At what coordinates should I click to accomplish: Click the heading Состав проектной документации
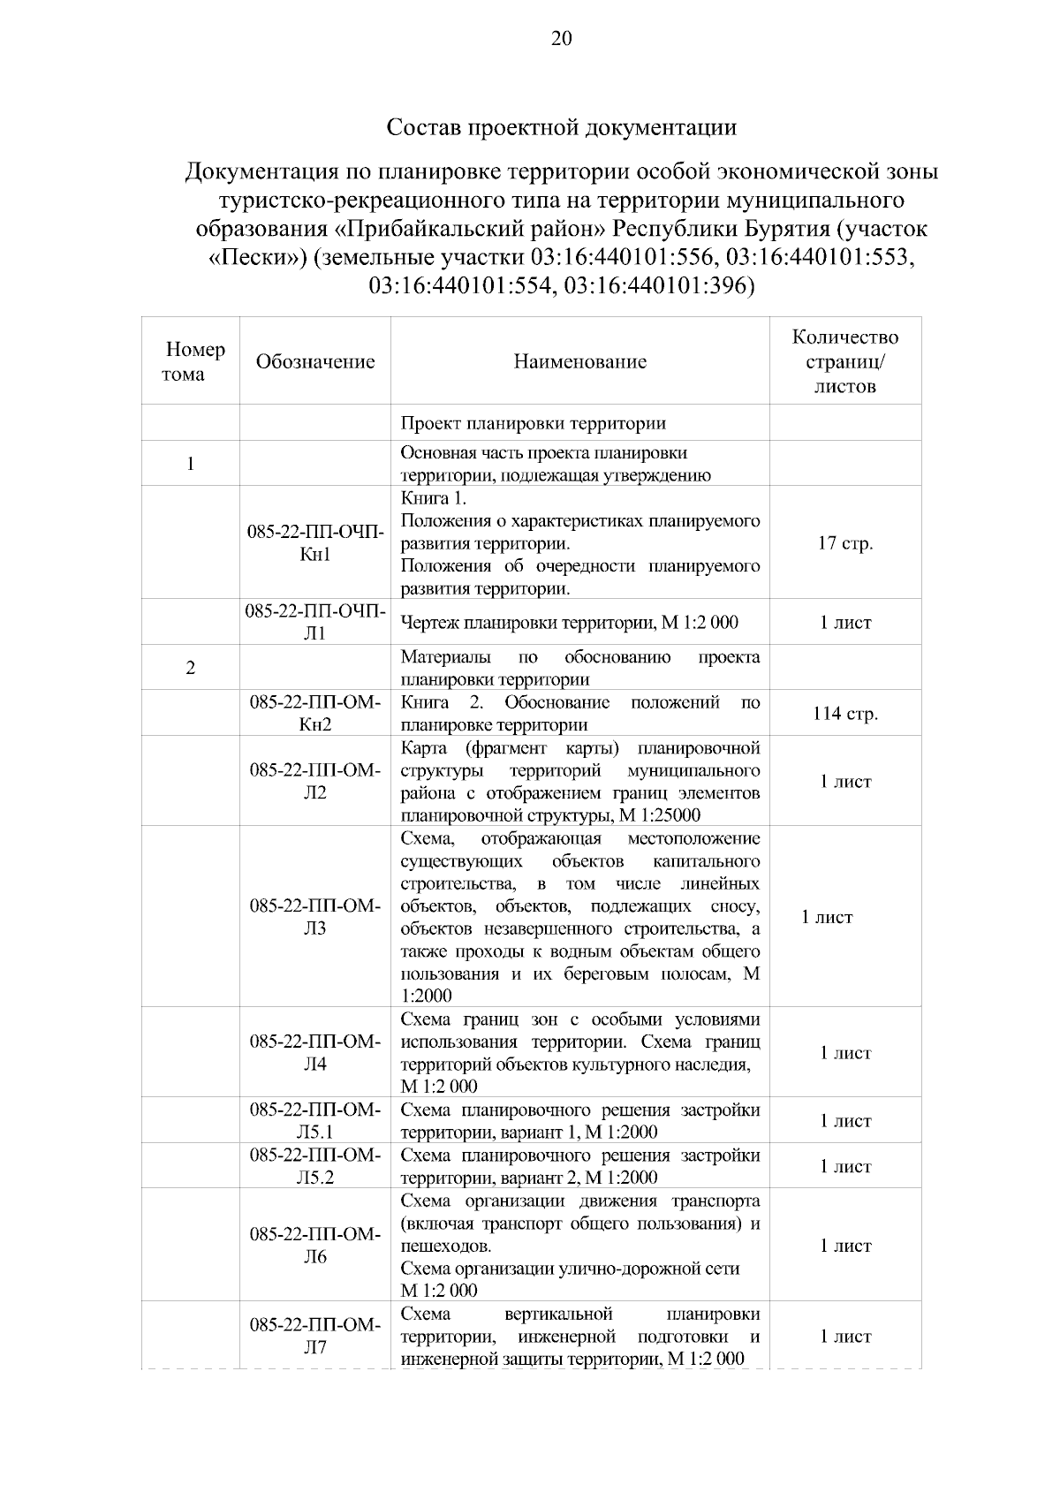pos(562,127)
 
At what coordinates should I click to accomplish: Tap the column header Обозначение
pos(315,361)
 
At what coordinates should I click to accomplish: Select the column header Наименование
pos(580,361)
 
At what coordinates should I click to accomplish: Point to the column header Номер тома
pos(191,361)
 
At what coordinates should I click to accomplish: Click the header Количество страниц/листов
pos(845,361)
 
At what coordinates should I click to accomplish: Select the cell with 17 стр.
pos(845,543)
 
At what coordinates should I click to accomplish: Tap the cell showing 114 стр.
pos(845,714)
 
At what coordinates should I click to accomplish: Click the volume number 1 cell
pos(191,464)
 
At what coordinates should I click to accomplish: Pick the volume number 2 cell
pos(191,668)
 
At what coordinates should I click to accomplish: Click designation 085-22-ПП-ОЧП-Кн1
pos(315,543)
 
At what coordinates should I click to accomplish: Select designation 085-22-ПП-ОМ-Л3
pos(315,917)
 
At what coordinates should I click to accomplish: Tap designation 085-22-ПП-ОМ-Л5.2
pos(315,1166)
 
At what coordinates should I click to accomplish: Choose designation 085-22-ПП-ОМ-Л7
pos(315,1337)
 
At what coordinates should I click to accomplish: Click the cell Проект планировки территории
pos(534,423)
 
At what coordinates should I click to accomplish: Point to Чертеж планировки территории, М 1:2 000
pos(570,623)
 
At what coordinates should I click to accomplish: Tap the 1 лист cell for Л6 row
pos(845,1246)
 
